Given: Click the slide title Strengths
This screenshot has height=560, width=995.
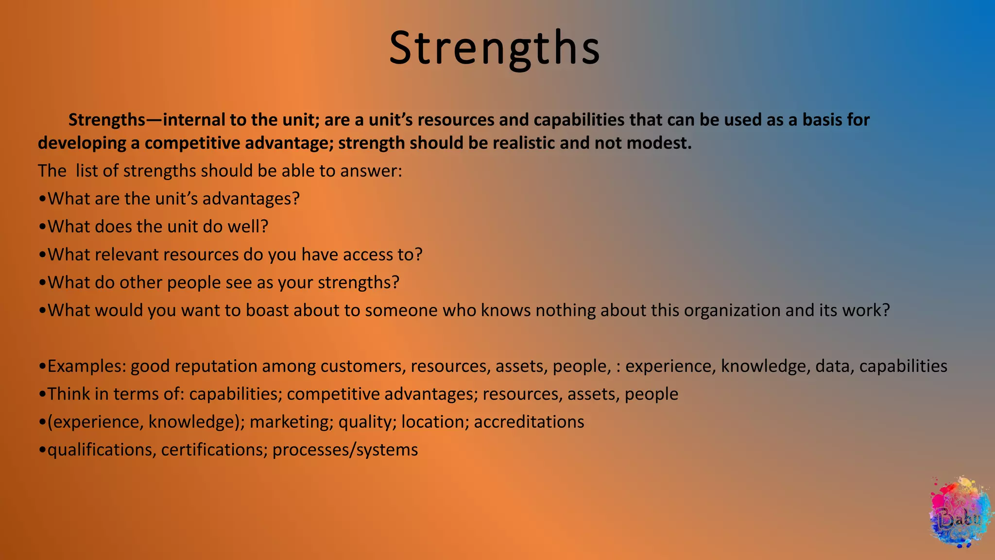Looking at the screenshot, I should tap(494, 48).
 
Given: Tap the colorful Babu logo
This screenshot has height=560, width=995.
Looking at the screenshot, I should tap(960, 513).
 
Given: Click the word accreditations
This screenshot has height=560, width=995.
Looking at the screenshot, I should tap(529, 422).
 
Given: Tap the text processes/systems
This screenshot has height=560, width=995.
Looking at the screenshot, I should tap(345, 450).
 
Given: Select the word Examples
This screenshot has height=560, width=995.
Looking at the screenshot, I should tap(86, 366).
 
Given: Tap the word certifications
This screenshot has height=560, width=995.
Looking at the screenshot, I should tap(214, 450).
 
